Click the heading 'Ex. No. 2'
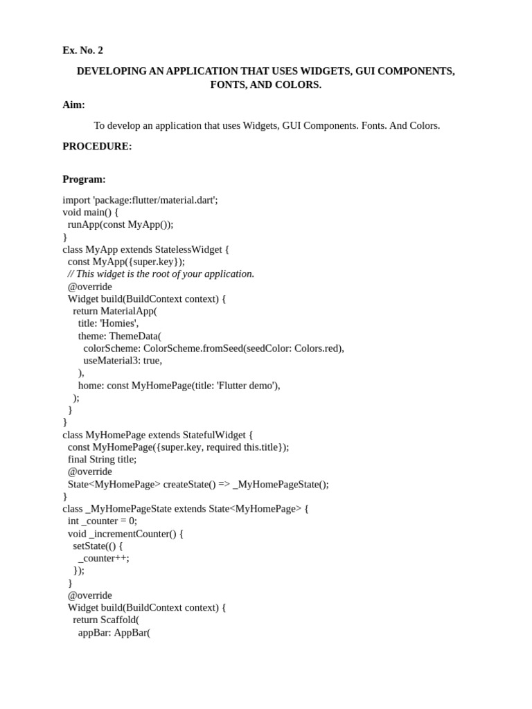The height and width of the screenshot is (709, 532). (x=82, y=51)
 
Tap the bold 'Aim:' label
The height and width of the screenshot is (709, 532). (x=73, y=105)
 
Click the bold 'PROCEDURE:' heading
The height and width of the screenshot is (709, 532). (x=97, y=146)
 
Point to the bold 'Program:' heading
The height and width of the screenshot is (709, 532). (x=84, y=179)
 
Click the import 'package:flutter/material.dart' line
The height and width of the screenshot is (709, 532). (x=140, y=199)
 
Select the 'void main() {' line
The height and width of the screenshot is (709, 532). (x=91, y=212)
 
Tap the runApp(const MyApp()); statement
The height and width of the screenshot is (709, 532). (x=121, y=224)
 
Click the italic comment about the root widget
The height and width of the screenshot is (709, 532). (x=161, y=273)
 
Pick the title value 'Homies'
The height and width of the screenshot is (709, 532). (x=119, y=323)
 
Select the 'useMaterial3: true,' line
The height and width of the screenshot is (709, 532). (x=123, y=361)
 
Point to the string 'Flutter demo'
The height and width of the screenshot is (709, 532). (x=247, y=386)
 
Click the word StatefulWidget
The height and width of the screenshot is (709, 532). (x=214, y=435)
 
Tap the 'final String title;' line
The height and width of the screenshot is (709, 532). (x=102, y=459)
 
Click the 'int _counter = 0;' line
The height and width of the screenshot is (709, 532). (x=103, y=521)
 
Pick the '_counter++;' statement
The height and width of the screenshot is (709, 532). (x=104, y=558)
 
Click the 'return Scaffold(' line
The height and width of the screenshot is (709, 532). (x=106, y=620)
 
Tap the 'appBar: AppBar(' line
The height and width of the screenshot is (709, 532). (x=114, y=632)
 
